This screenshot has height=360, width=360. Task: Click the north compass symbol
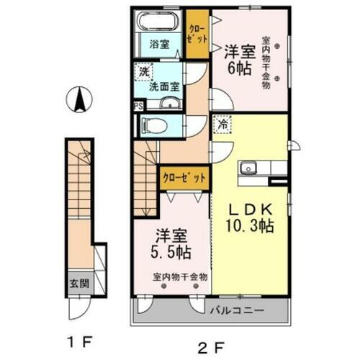(x=79, y=99)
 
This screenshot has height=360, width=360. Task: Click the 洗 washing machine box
(x=144, y=72)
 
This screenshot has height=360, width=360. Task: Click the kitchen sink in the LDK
(x=249, y=168)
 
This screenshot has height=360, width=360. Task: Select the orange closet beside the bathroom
(x=196, y=33)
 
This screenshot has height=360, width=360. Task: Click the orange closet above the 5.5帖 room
(x=185, y=176)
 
